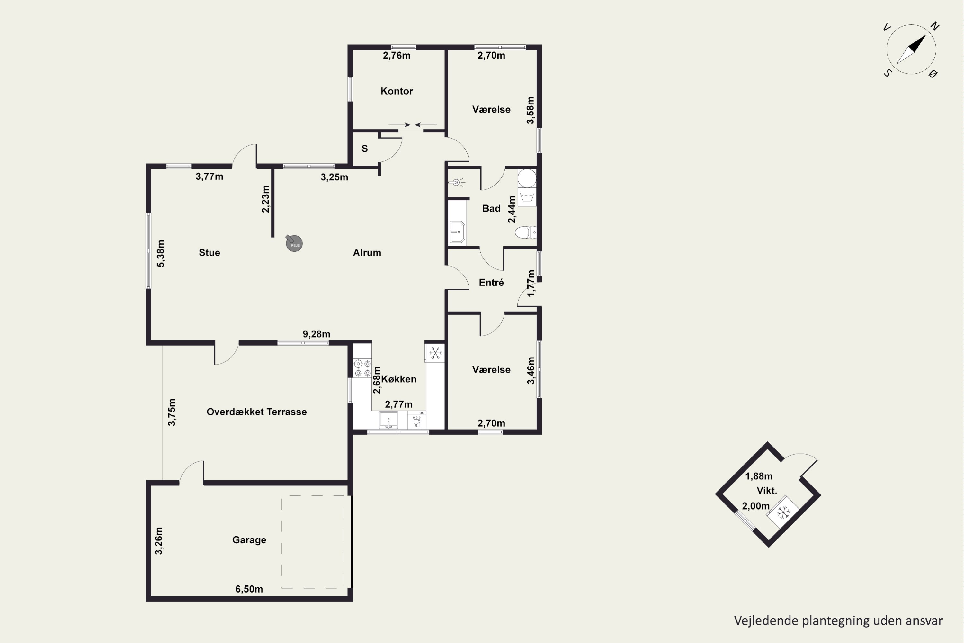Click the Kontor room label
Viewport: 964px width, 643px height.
(x=396, y=91)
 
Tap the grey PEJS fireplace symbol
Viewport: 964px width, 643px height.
(x=294, y=243)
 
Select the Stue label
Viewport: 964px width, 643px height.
(x=210, y=253)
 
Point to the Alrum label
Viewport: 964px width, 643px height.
(x=367, y=253)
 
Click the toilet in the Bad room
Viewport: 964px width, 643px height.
(x=525, y=232)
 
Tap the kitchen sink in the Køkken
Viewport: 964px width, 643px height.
(x=388, y=420)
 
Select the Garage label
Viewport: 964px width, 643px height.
(x=249, y=540)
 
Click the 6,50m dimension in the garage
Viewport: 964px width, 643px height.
(x=249, y=589)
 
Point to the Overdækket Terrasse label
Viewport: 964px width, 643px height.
(x=256, y=412)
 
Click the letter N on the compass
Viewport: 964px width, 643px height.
(x=935, y=26)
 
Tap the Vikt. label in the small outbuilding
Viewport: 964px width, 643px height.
(x=767, y=491)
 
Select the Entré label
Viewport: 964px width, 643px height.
(x=491, y=283)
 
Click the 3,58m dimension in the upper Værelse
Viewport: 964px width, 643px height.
(x=531, y=110)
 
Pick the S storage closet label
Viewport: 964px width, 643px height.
(x=365, y=149)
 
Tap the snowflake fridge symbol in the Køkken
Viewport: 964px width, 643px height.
(x=435, y=353)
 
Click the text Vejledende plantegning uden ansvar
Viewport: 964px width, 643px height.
(x=838, y=621)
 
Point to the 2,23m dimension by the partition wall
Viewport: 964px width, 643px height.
(x=266, y=199)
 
